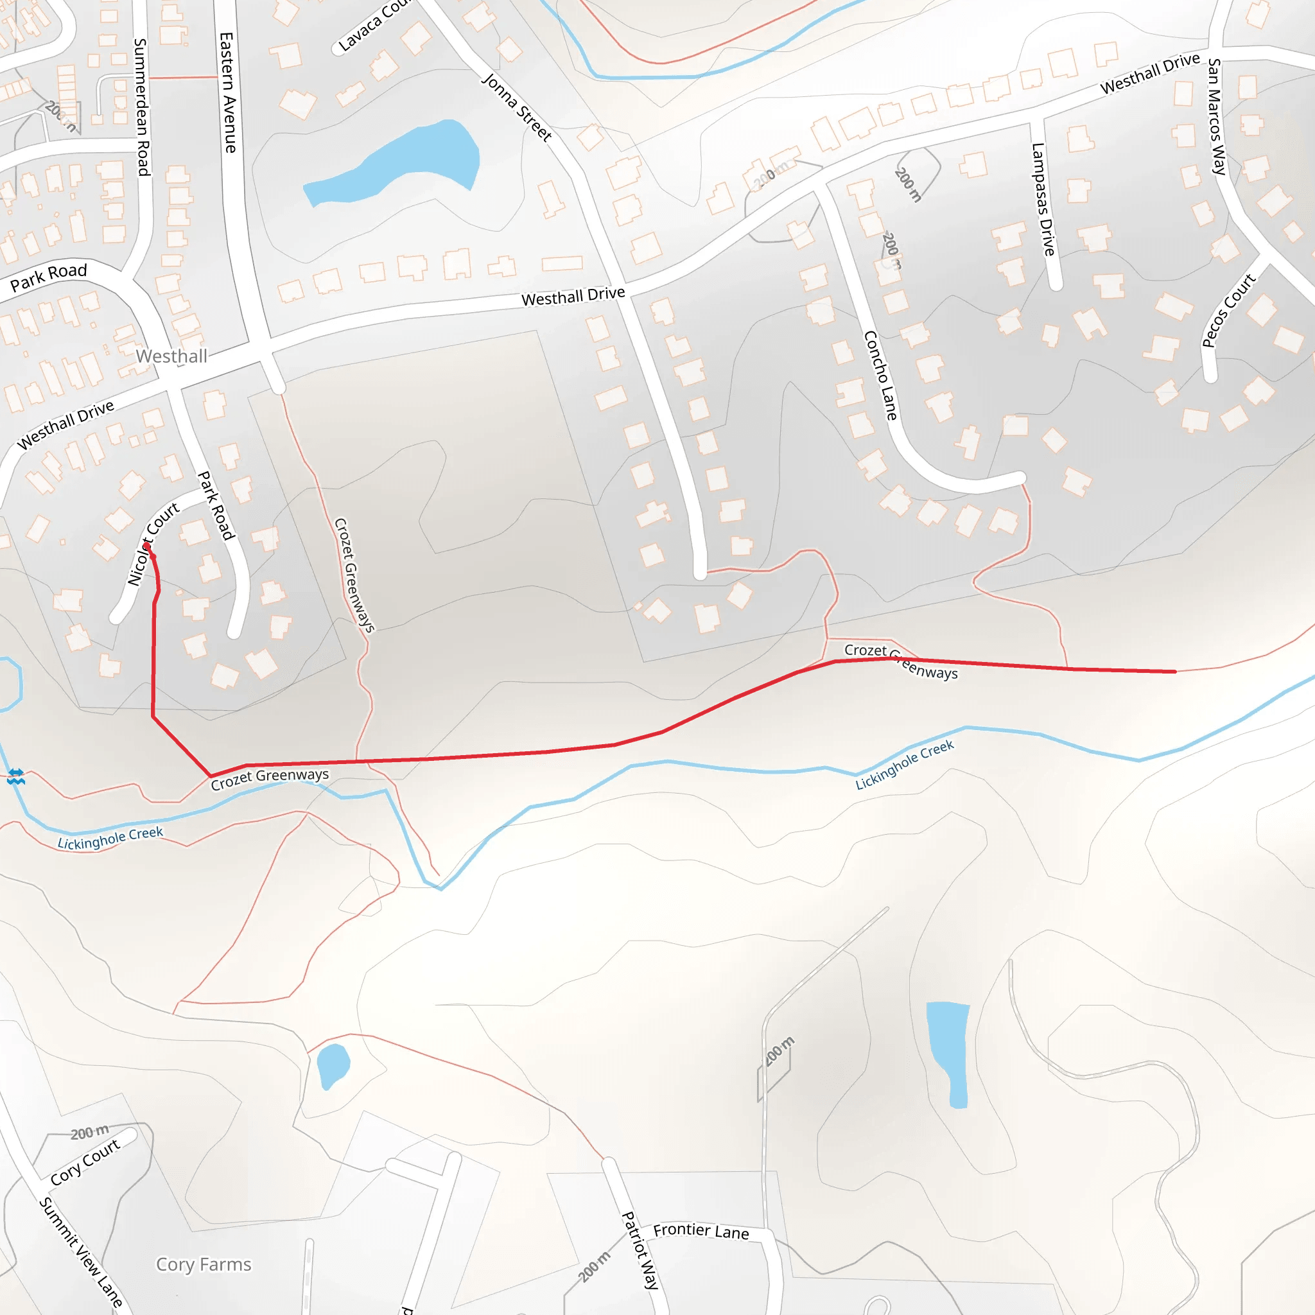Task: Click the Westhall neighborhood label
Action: (171, 356)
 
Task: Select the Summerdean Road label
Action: (141, 107)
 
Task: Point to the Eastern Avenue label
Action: (228, 92)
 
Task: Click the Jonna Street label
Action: (517, 107)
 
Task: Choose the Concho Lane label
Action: (880, 375)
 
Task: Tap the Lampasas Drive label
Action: (1043, 199)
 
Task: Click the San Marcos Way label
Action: (1216, 116)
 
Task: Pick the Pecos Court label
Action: (1228, 309)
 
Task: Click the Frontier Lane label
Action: (701, 1232)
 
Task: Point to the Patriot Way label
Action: (640, 1251)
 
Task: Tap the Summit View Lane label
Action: (80, 1252)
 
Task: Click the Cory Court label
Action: (86, 1161)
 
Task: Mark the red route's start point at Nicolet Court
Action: (147, 546)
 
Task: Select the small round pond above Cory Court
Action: (333, 1065)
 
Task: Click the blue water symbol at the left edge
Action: (16, 776)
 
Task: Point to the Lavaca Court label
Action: (374, 26)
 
